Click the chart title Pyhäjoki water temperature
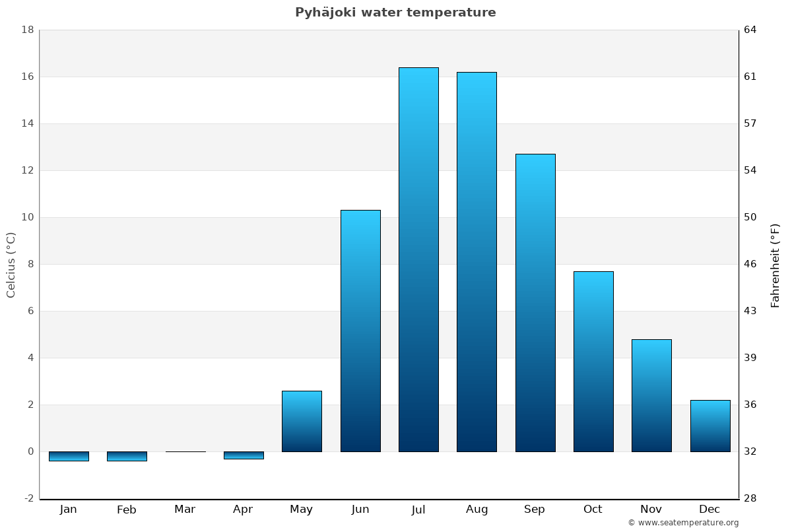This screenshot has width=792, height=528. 395,13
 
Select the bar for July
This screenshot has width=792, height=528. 418,259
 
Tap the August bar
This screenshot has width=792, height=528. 477,262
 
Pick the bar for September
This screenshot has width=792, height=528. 535,303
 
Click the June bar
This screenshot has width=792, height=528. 360,331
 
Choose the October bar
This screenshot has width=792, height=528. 593,362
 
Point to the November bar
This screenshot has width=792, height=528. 651,395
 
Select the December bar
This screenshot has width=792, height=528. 710,426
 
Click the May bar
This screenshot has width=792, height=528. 302,421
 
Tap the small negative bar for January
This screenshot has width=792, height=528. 69,456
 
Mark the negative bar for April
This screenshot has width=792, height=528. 244,455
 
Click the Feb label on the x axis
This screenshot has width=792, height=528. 127,510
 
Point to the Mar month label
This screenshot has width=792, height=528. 185,510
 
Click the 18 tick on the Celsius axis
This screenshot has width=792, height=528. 28,30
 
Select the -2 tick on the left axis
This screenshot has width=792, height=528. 28,498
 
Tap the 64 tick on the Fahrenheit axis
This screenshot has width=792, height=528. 750,30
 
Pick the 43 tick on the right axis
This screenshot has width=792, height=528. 750,311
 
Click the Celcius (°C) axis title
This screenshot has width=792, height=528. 11,265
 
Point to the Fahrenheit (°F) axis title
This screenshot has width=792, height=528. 775,265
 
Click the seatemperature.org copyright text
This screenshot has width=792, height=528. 683,523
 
